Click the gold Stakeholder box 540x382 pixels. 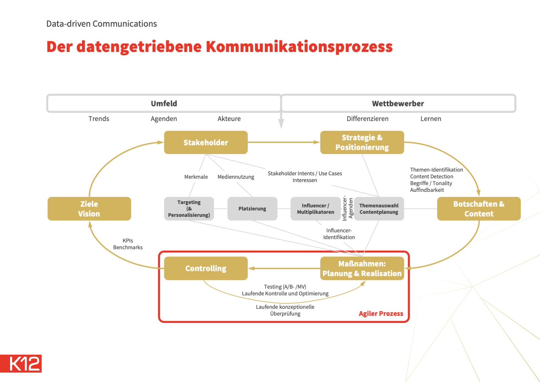click(x=206, y=143)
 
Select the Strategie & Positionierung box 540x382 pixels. click(x=362, y=143)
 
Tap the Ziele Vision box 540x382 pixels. click(x=89, y=209)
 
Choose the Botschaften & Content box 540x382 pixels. click(x=479, y=209)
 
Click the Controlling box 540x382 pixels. click(x=206, y=269)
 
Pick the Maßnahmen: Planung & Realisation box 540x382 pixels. click(x=362, y=269)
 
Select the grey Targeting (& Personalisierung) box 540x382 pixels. click(x=189, y=209)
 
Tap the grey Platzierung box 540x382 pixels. click(x=252, y=209)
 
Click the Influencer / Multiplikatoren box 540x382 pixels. click(x=316, y=209)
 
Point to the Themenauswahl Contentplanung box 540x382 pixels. click(x=379, y=209)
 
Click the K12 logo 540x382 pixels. click(x=21, y=364)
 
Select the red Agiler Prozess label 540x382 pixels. click(x=381, y=313)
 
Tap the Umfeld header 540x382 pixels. click(x=164, y=103)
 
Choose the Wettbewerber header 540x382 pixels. click(x=398, y=103)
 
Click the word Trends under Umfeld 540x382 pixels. click(x=99, y=119)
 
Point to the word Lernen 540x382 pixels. click(x=431, y=119)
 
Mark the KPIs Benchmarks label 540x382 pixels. click(x=128, y=244)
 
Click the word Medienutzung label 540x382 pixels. click(x=236, y=177)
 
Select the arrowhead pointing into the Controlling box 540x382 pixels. click(x=251, y=269)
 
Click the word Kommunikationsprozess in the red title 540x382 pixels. click(x=299, y=47)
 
